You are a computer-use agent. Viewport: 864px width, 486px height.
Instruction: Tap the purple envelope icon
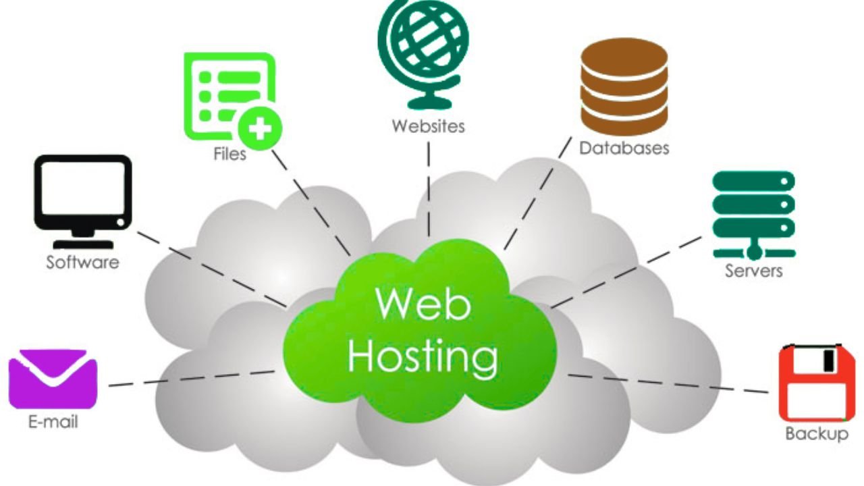click(53, 379)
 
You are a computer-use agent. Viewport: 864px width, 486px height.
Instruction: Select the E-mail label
click(53, 423)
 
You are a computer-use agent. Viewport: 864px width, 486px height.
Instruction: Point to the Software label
click(82, 262)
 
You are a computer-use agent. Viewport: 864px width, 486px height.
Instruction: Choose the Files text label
click(230, 153)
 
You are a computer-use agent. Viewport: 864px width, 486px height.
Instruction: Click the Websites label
click(428, 126)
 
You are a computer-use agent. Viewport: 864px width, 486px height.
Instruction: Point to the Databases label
click(624, 147)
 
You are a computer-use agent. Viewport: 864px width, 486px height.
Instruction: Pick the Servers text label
click(753, 271)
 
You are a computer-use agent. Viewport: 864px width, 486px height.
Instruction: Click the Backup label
click(816, 433)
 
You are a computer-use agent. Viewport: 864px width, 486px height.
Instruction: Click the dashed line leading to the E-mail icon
click(192, 377)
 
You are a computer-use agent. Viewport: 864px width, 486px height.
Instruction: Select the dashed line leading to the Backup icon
click(668, 383)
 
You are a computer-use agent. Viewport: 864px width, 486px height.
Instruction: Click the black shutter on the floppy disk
click(828, 360)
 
